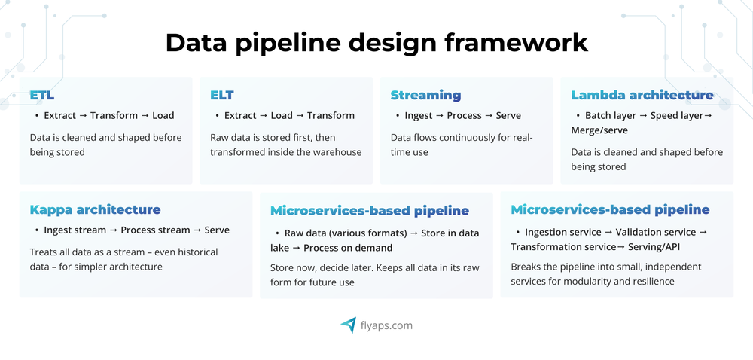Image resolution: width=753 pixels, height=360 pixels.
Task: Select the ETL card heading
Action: pyautogui.click(x=42, y=96)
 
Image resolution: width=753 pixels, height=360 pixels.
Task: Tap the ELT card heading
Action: pyautogui.click(x=222, y=96)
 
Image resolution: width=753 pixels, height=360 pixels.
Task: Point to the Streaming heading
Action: pyautogui.click(x=425, y=96)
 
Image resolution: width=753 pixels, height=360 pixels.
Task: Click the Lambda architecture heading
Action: pyautogui.click(x=642, y=96)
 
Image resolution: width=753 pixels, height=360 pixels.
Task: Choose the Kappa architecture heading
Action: pyautogui.click(x=95, y=210)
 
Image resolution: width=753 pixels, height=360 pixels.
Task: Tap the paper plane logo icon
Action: pyautogui.click(x=348, y=325)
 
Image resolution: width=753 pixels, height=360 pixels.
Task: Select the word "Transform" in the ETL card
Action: pyautogui.click(x=114, y=116)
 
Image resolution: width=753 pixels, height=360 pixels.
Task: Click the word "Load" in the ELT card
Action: pyautogui.click(x=282, y=116)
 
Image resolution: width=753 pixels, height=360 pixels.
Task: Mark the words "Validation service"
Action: pyautogui.click(x=657, y=233)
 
